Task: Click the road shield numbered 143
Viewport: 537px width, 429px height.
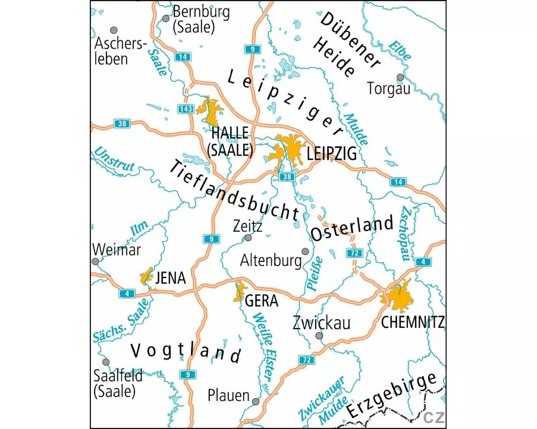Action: click(185, 109)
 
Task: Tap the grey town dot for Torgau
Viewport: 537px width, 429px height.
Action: click(400, 77)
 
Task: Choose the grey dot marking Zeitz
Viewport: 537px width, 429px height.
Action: click(248, 238)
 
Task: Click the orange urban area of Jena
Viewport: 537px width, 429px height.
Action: click(146, 276)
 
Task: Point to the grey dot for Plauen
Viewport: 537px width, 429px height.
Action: click(256, 402)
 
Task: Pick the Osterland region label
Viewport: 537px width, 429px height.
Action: click(353, 228)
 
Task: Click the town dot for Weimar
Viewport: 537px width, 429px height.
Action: click(95, 261)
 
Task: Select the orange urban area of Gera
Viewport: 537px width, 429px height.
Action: click(240, 291)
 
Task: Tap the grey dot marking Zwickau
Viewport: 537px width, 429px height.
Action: click(319, 336)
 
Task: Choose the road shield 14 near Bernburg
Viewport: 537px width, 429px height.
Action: click(183, 56)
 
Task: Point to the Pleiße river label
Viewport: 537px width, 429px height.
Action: click(316, 273)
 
